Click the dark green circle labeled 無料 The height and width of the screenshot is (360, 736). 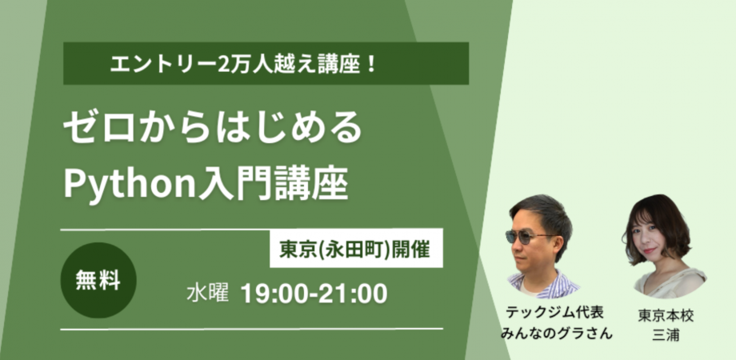coord(98,281)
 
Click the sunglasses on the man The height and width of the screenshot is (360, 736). coord(531,237)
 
